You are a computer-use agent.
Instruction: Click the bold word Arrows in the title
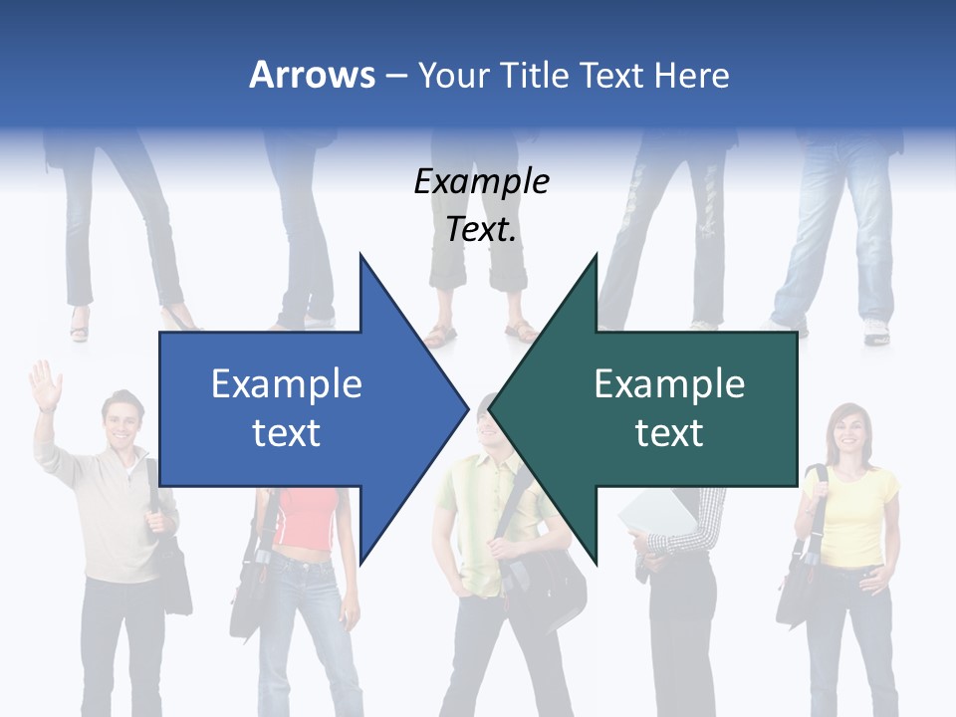tap(313, 75)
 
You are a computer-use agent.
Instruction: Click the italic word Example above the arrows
tap(481, 181)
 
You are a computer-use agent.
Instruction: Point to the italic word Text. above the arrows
tap(481, 229)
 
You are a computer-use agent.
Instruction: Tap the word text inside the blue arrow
tap(286, 432)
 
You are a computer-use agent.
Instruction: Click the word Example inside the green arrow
tap(669, 383)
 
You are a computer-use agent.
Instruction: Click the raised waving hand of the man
tap(44, 383)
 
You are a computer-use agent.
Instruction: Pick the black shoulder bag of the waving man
tap(171, 578)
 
